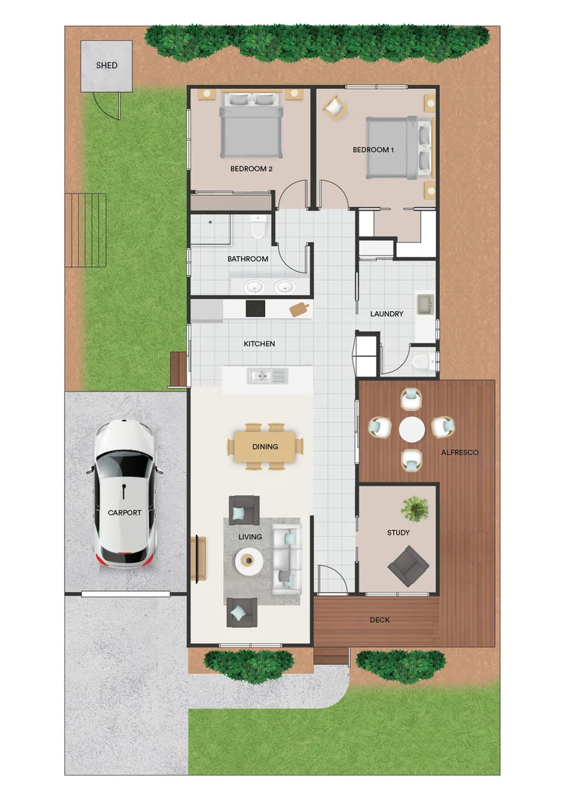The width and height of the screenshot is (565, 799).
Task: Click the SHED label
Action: pyautogui.click(x=106, y=66)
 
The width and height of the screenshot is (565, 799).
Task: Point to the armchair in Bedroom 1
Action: pyautogui.click(x=333, y=108)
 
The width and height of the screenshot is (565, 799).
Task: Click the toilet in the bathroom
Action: pyautogui.click(x=258, y=226)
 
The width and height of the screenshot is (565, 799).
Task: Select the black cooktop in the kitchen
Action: pyautogui.click(x=256, y=309)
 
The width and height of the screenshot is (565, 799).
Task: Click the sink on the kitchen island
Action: pyautogui.click(x=267, y=374)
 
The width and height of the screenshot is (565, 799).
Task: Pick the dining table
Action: pyautogui.click(x=265, y=447)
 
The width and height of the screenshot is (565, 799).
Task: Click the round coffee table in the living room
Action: pyautogui.click(x=249, y=560)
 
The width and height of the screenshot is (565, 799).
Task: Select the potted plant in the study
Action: pyautogui.click(x=414, y=509)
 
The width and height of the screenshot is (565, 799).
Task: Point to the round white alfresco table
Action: pyautogui.click(x=412, y=429)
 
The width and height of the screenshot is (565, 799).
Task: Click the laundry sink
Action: pyautogui.click(x=426, y=304)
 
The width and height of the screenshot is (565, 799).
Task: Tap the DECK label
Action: pyautogui.click(x=380, y=621)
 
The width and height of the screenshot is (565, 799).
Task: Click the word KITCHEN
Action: pyautogui.click(x=259, y=343)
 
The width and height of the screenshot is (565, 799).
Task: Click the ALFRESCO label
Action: pyautogui.click(x=460, y=453)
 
